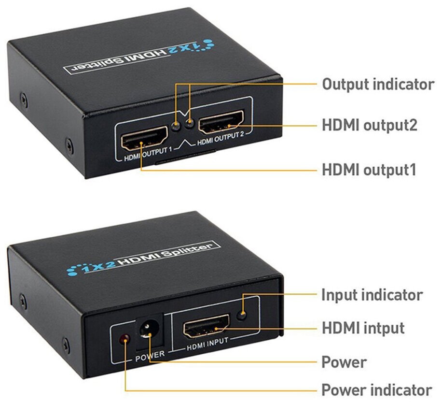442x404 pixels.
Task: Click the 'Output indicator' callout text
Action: (x=378, y=84)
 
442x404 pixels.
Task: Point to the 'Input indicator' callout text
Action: (x=372, y=294)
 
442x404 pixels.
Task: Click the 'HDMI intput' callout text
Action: (x=363, y=328)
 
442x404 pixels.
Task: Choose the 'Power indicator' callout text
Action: (x=376, y=390)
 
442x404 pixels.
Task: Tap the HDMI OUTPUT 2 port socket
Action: (x=222, y=123)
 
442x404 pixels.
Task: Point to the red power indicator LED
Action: (x=125, y=338)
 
